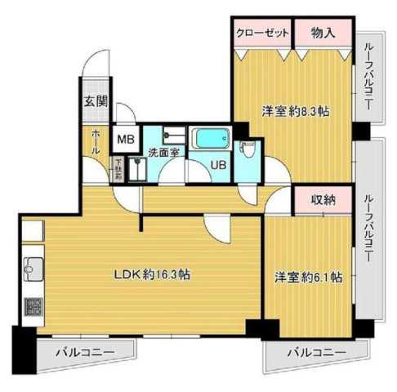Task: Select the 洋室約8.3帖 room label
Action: click(295, 110)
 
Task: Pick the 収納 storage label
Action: click(323, 198)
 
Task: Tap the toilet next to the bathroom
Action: click(249, 150)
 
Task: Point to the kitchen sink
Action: click(33, 266)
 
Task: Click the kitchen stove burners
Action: click(33, 308)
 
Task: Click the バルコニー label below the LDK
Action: click(84, 352)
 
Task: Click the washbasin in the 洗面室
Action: click(170, 136)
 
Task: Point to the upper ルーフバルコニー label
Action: click(368, 79)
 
